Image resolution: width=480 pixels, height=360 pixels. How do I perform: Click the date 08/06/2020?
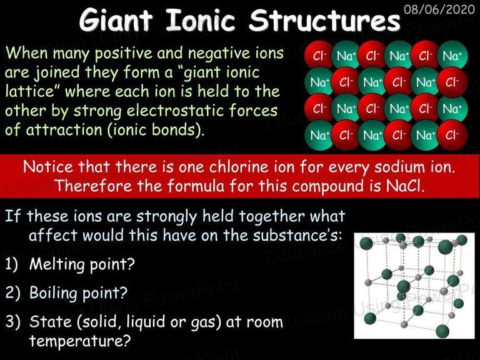pyautogui.click(x=439, y=9)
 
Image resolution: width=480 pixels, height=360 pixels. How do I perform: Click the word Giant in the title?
pyautogui.click(x=116, y=19)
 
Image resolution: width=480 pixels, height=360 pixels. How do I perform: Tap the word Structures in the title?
pyautogui.click(x=324, y=19)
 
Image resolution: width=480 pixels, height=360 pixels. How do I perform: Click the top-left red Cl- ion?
pyautogui.click(x=318, y=56)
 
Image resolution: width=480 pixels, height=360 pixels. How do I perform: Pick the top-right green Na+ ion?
pyautogui.click(x=452, y=56)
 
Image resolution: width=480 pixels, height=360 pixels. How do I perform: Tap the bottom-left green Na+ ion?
pyautogui.click(x=319, y=135)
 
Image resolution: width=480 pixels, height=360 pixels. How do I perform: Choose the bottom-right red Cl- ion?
pyautogui.click(x=452, y=135)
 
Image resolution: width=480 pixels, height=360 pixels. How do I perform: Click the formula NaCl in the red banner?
pyautogui.click(x=405, y=185)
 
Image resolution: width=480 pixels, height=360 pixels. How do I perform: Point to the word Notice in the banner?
pyautogui.click(x=47, y=167)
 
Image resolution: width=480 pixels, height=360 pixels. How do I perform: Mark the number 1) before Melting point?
pyautogui.click(x=12, y=264)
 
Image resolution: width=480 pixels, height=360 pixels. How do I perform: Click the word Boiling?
pyautogui.click(x=53, y=293)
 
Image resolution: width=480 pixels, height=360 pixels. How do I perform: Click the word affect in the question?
pyautogui.click(x=53, y=235)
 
